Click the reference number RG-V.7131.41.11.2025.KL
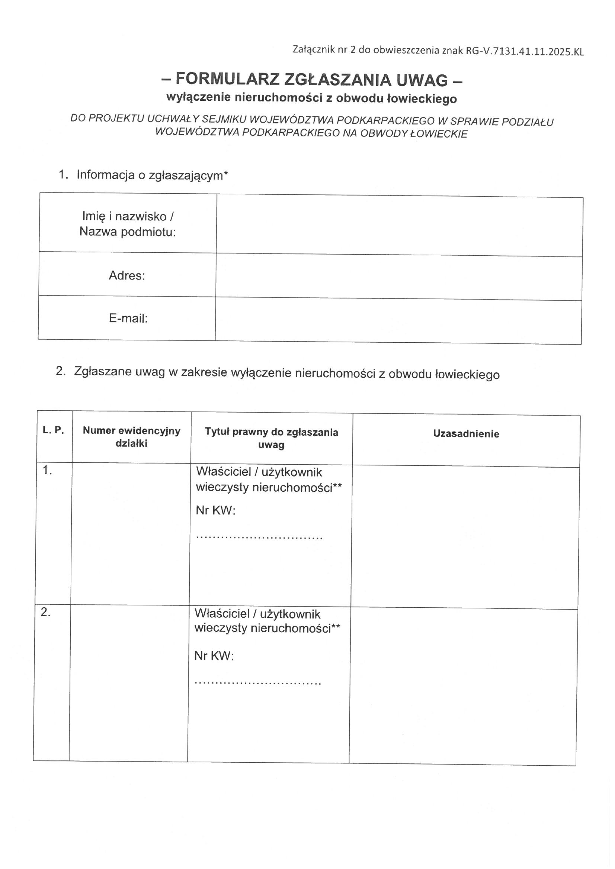[x=524, y=52]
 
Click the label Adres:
[x=127, y=275]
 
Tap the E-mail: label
[x=128, y=318]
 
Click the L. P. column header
[x=53, y=430]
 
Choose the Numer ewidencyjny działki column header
[x=131, y=437]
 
